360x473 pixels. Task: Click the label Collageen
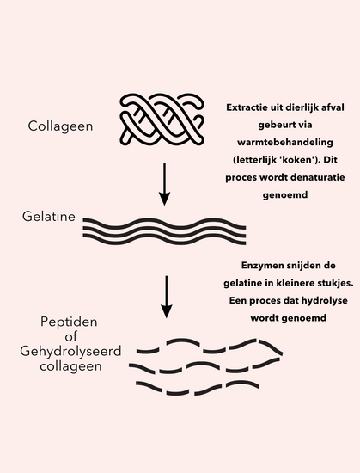point(60,126)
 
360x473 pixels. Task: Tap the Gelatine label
point(49,216)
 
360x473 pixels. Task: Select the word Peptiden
point(69,322)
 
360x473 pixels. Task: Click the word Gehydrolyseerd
point(70,352)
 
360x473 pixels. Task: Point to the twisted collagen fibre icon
point(162,120)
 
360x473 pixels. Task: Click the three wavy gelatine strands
point(164,231)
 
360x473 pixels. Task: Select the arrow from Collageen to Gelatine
point(164,184)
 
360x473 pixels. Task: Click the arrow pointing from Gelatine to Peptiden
point(167,297)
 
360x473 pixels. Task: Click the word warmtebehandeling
point(285,142)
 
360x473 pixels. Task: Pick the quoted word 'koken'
point(296,160)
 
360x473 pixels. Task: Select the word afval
point(333,107)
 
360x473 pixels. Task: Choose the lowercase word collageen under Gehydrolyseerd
point(70,367)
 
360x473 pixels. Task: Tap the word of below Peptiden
point(70,336)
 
